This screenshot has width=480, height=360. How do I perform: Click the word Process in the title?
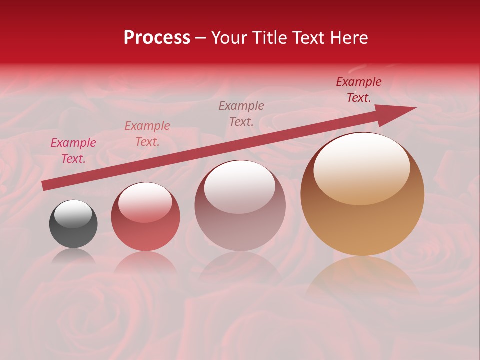point(157,38)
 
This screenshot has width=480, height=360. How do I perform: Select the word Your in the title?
point(229,38)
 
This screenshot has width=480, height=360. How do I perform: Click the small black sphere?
point(73,224)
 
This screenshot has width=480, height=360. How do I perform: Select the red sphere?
point(145,217)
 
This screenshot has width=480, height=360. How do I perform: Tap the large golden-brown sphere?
point(362,194)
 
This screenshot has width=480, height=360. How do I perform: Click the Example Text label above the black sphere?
point(73,151)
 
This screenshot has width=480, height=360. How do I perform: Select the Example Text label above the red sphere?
point(147,134)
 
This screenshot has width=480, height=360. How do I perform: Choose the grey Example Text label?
point(241,113)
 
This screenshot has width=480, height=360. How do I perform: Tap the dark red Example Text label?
point(358,90)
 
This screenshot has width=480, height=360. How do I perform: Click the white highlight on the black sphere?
point(73,213)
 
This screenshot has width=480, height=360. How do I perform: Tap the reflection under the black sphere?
point(73,256)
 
